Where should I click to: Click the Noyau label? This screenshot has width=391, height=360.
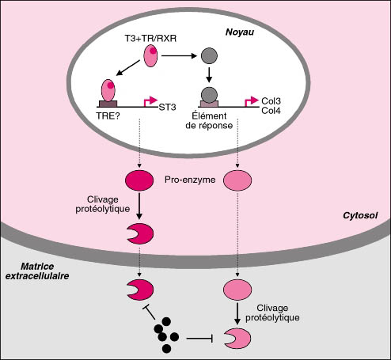click(x=240, y=32)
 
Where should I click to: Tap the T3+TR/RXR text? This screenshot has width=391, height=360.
click(x=150, y=39)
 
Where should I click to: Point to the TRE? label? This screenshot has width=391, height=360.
click(x=108, y=116)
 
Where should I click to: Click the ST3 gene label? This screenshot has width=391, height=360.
click(x=167, y=108)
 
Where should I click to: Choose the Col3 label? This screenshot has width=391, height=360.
click(x=271, y=101)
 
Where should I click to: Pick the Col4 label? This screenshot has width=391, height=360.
click(x=271, y=111)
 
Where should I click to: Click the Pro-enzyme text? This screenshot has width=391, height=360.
click(x=190, y=180)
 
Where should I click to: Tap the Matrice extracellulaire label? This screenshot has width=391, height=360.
click(x=37, y=271)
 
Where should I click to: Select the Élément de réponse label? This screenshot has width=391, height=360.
click(x=209, y=120)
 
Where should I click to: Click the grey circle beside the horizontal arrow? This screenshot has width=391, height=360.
click(x=209, y=56)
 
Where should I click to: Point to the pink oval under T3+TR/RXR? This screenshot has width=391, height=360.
click(x=150, y=56)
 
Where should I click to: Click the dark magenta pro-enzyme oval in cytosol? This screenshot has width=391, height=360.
click(x=139, y=180)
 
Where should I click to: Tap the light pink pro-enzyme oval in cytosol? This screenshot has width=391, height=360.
click(x=237, y=180)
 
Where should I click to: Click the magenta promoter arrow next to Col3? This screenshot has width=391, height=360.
click(x=252, y=101)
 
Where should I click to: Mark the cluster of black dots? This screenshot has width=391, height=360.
click(x=166, y=335)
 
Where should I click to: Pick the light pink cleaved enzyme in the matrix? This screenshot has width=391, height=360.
click(x=239, y=339)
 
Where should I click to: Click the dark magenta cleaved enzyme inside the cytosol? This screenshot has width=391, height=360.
click(x=142, y=233)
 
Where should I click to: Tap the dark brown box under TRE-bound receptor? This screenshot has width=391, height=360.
click(x=108, y=104)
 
